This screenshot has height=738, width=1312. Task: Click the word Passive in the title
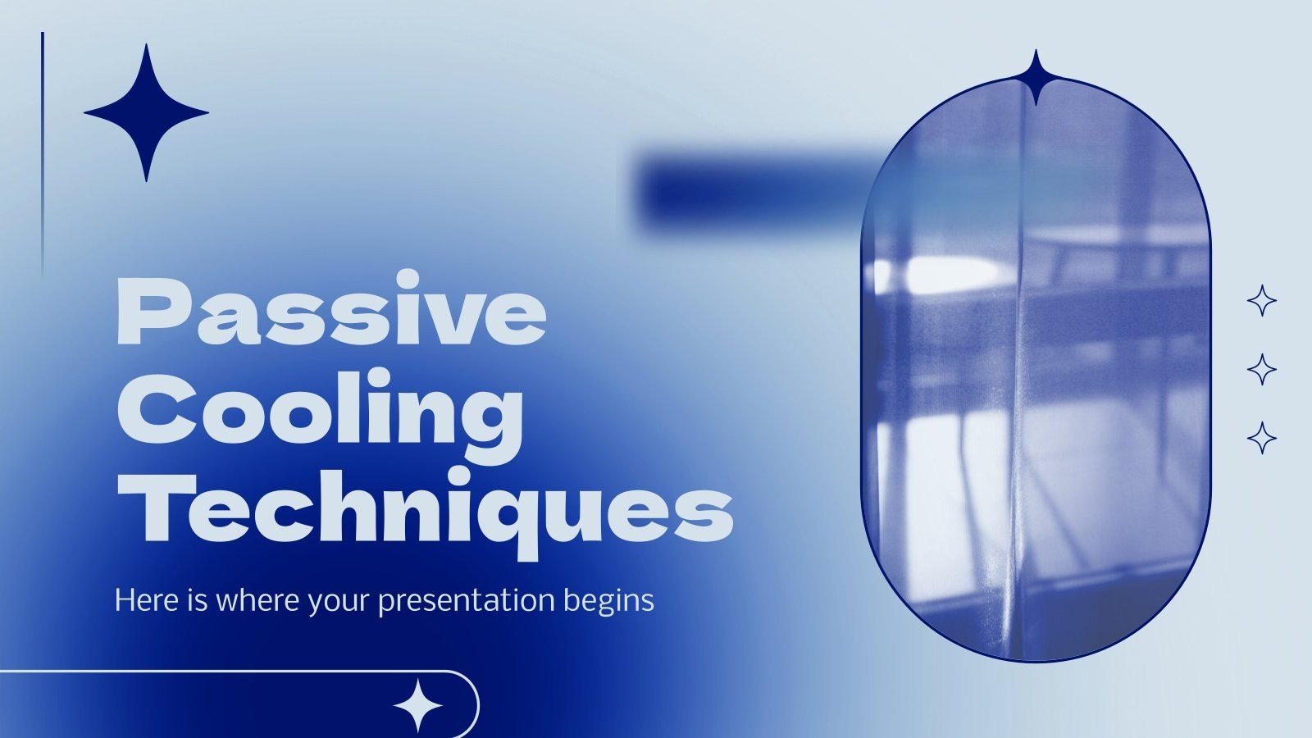[x=331, y=312]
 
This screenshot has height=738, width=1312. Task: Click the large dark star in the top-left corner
[x=146, y=113]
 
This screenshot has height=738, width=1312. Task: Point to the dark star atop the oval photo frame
[x=1036, y=78]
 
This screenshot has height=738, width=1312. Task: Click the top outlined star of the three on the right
[x=1262, y=301]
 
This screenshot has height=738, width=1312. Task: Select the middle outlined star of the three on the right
[x=1262, y=370]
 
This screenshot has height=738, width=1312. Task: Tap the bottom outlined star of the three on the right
[x=1262, y=438]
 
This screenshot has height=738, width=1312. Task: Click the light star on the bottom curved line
[x=417, y=705]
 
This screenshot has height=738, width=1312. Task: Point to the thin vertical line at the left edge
[x=43, y=156]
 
